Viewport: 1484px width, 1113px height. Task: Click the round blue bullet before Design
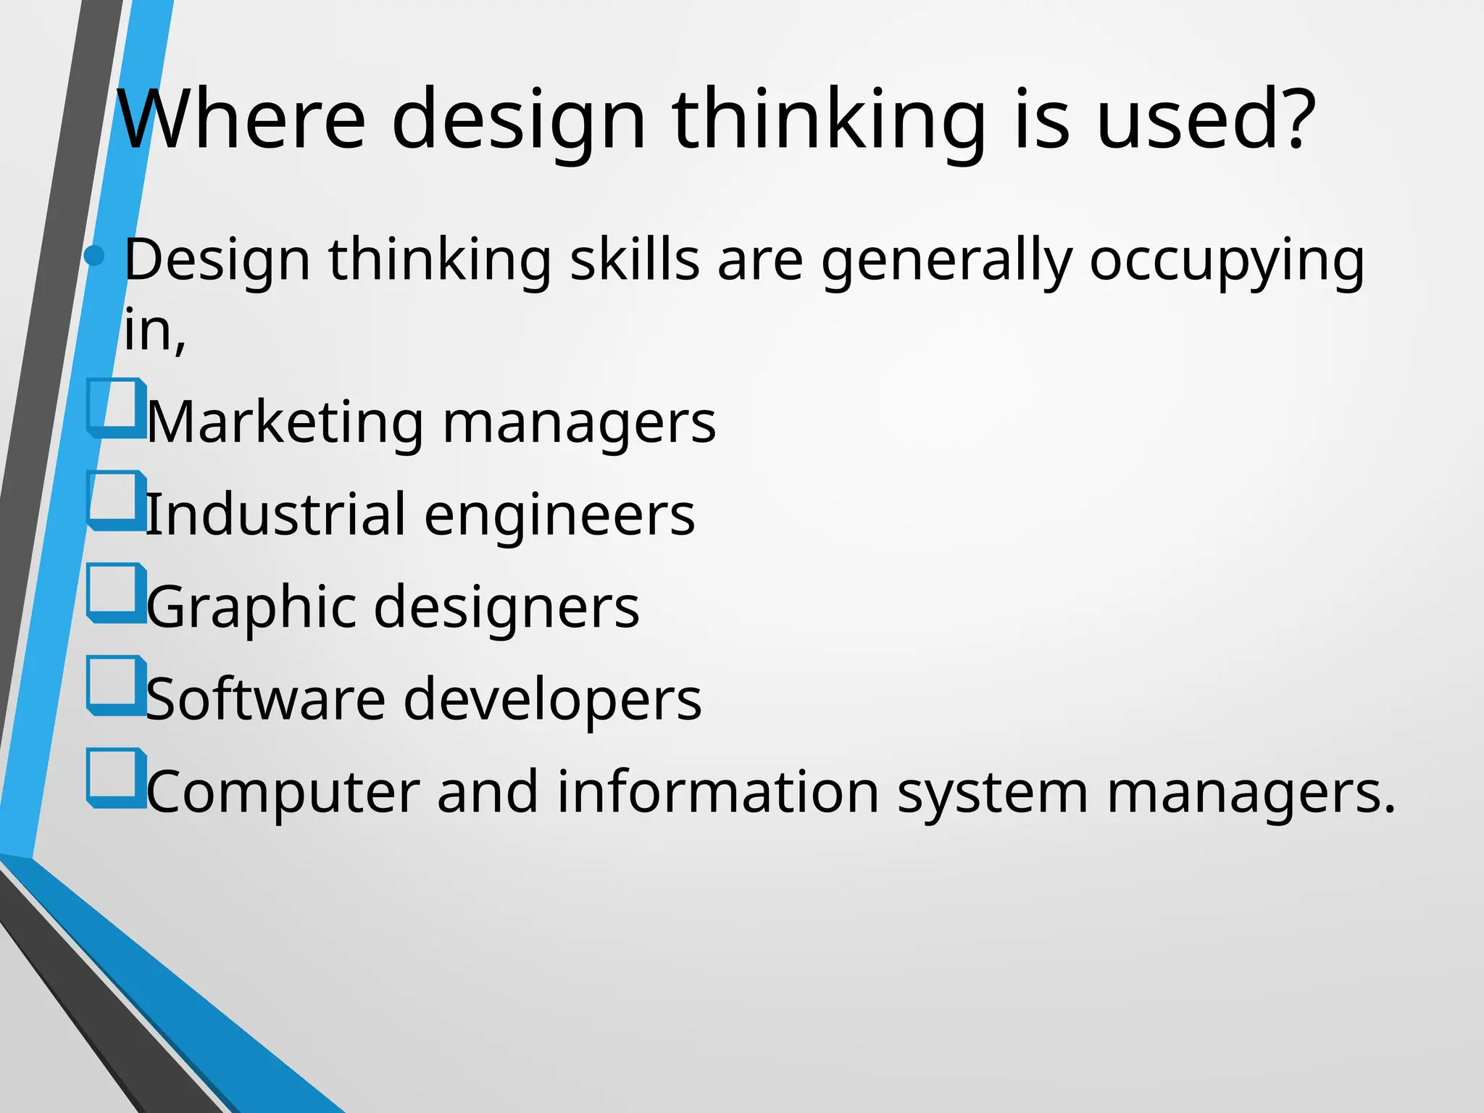(95, 255)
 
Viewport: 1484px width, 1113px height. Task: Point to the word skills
(635, 259)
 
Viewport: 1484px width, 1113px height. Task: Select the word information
(717, 791)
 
